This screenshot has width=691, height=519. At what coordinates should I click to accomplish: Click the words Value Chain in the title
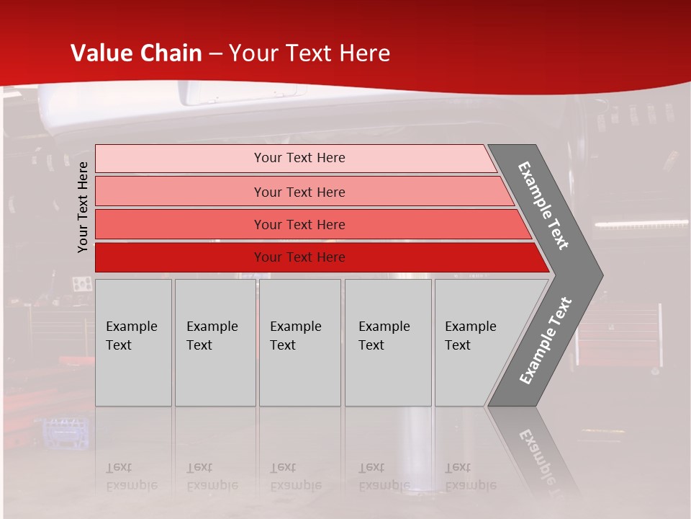click(x=136, y=53)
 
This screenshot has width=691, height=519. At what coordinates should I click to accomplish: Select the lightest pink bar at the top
click(x=180, y=159)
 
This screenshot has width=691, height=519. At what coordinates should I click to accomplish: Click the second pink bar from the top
click(x=180, y=192)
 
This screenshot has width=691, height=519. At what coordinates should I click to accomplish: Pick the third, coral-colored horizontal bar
click(x=180, y=225)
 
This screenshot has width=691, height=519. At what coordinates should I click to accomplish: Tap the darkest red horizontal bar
click(x=180, y=257)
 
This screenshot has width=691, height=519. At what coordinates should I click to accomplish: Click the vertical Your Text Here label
click(x=83, y=207)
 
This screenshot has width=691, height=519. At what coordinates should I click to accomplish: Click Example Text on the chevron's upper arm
click(x=543, y=205)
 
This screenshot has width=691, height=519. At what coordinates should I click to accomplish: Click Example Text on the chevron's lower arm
click(x=546, y=341)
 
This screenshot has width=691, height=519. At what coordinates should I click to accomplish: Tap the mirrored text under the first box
click(x=131, y=476)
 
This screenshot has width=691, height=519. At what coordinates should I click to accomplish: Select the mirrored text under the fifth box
click(x=470, y=476)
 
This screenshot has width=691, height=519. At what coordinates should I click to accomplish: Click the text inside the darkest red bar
click(x=299, y=257)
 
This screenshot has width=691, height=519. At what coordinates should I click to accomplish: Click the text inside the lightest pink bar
click(x=299, y=158)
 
